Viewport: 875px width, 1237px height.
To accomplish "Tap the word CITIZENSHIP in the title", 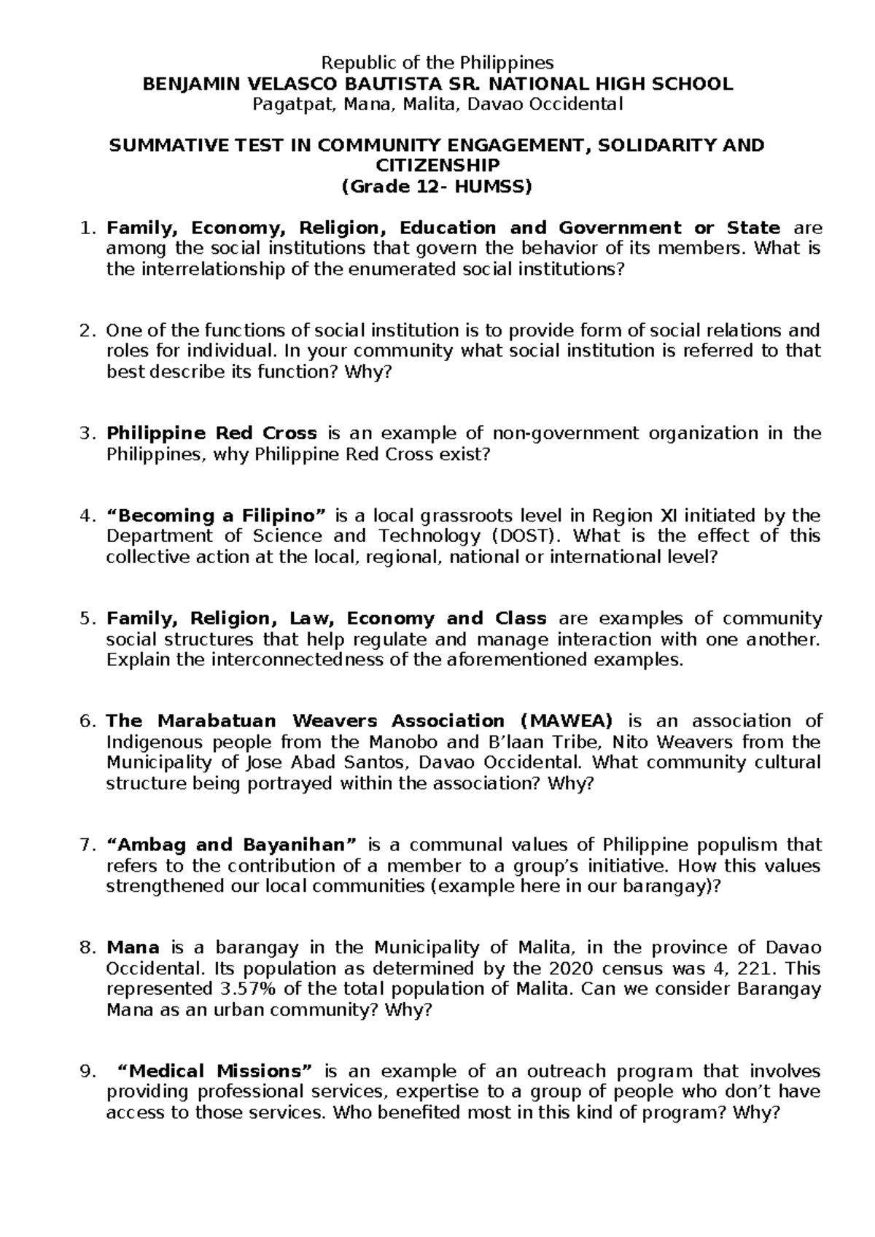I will click(437, 166).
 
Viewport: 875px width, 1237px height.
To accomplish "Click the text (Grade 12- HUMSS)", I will click(437, 187).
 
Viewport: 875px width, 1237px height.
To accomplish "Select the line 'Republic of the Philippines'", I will click(437, 62).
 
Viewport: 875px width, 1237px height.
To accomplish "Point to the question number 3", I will click(87, 434).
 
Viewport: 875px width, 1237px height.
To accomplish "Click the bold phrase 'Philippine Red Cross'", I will click(211, 434).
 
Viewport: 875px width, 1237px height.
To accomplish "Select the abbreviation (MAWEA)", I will click(567, 722).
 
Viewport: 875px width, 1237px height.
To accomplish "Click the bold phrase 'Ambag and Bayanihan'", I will click(233, 845).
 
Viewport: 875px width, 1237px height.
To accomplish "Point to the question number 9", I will click(87, 1071).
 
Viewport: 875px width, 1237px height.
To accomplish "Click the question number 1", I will click(87, 228).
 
